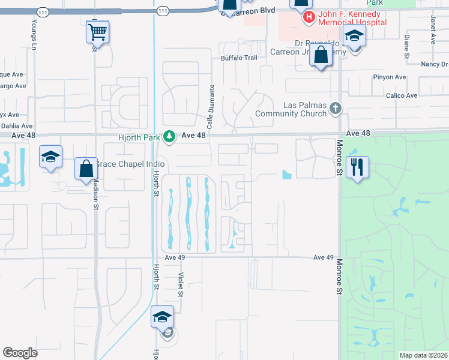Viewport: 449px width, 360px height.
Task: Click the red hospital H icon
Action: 309,17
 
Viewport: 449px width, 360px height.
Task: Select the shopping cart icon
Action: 97,31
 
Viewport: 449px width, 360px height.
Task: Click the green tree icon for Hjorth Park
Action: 170,137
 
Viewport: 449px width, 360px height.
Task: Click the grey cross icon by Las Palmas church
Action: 336,109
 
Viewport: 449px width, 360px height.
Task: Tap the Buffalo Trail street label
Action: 239,58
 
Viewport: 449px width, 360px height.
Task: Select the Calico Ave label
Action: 402,96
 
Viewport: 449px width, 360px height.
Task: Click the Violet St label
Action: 180,284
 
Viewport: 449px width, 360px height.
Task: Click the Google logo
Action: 20,353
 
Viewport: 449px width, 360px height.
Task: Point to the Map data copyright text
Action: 423,355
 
